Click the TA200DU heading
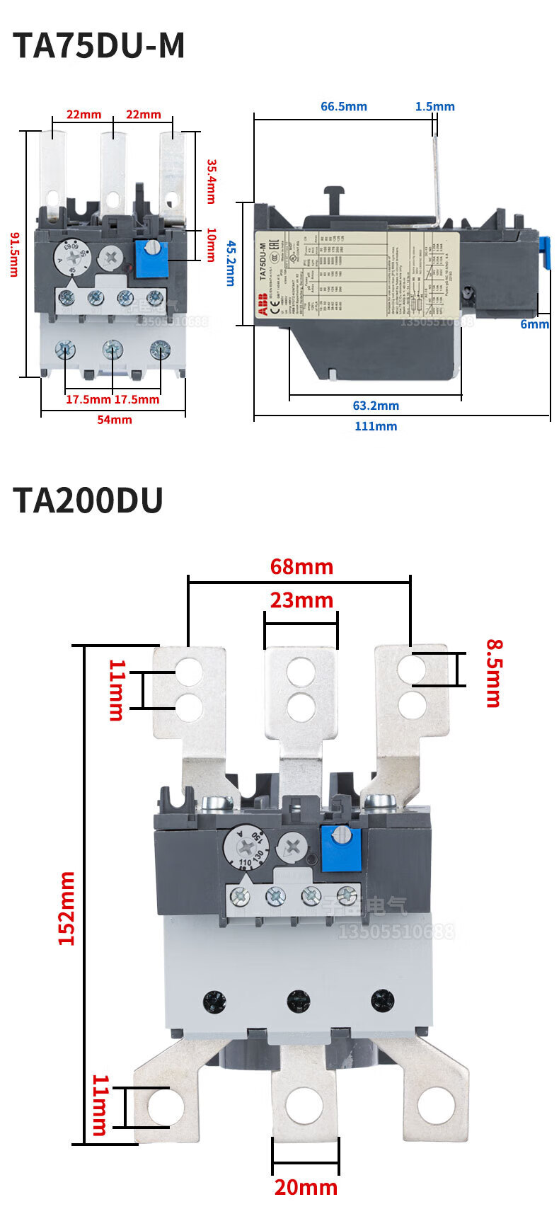[88, 500]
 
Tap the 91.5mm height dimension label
[13, 253]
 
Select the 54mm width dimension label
[114, 420]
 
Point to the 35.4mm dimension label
[211, 181]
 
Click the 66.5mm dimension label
[344, 107]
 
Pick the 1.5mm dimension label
[434, 107]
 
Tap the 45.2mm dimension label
[231, 263]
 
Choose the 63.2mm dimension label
[376, 406]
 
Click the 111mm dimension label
[376, 426]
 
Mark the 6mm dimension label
[534, 324]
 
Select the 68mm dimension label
[301, 567]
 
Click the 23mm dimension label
[301, 600]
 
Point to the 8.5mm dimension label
[493, 673]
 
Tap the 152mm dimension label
[67, 908]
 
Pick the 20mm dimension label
[306, 1186]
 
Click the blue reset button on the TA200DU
[341, 848]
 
